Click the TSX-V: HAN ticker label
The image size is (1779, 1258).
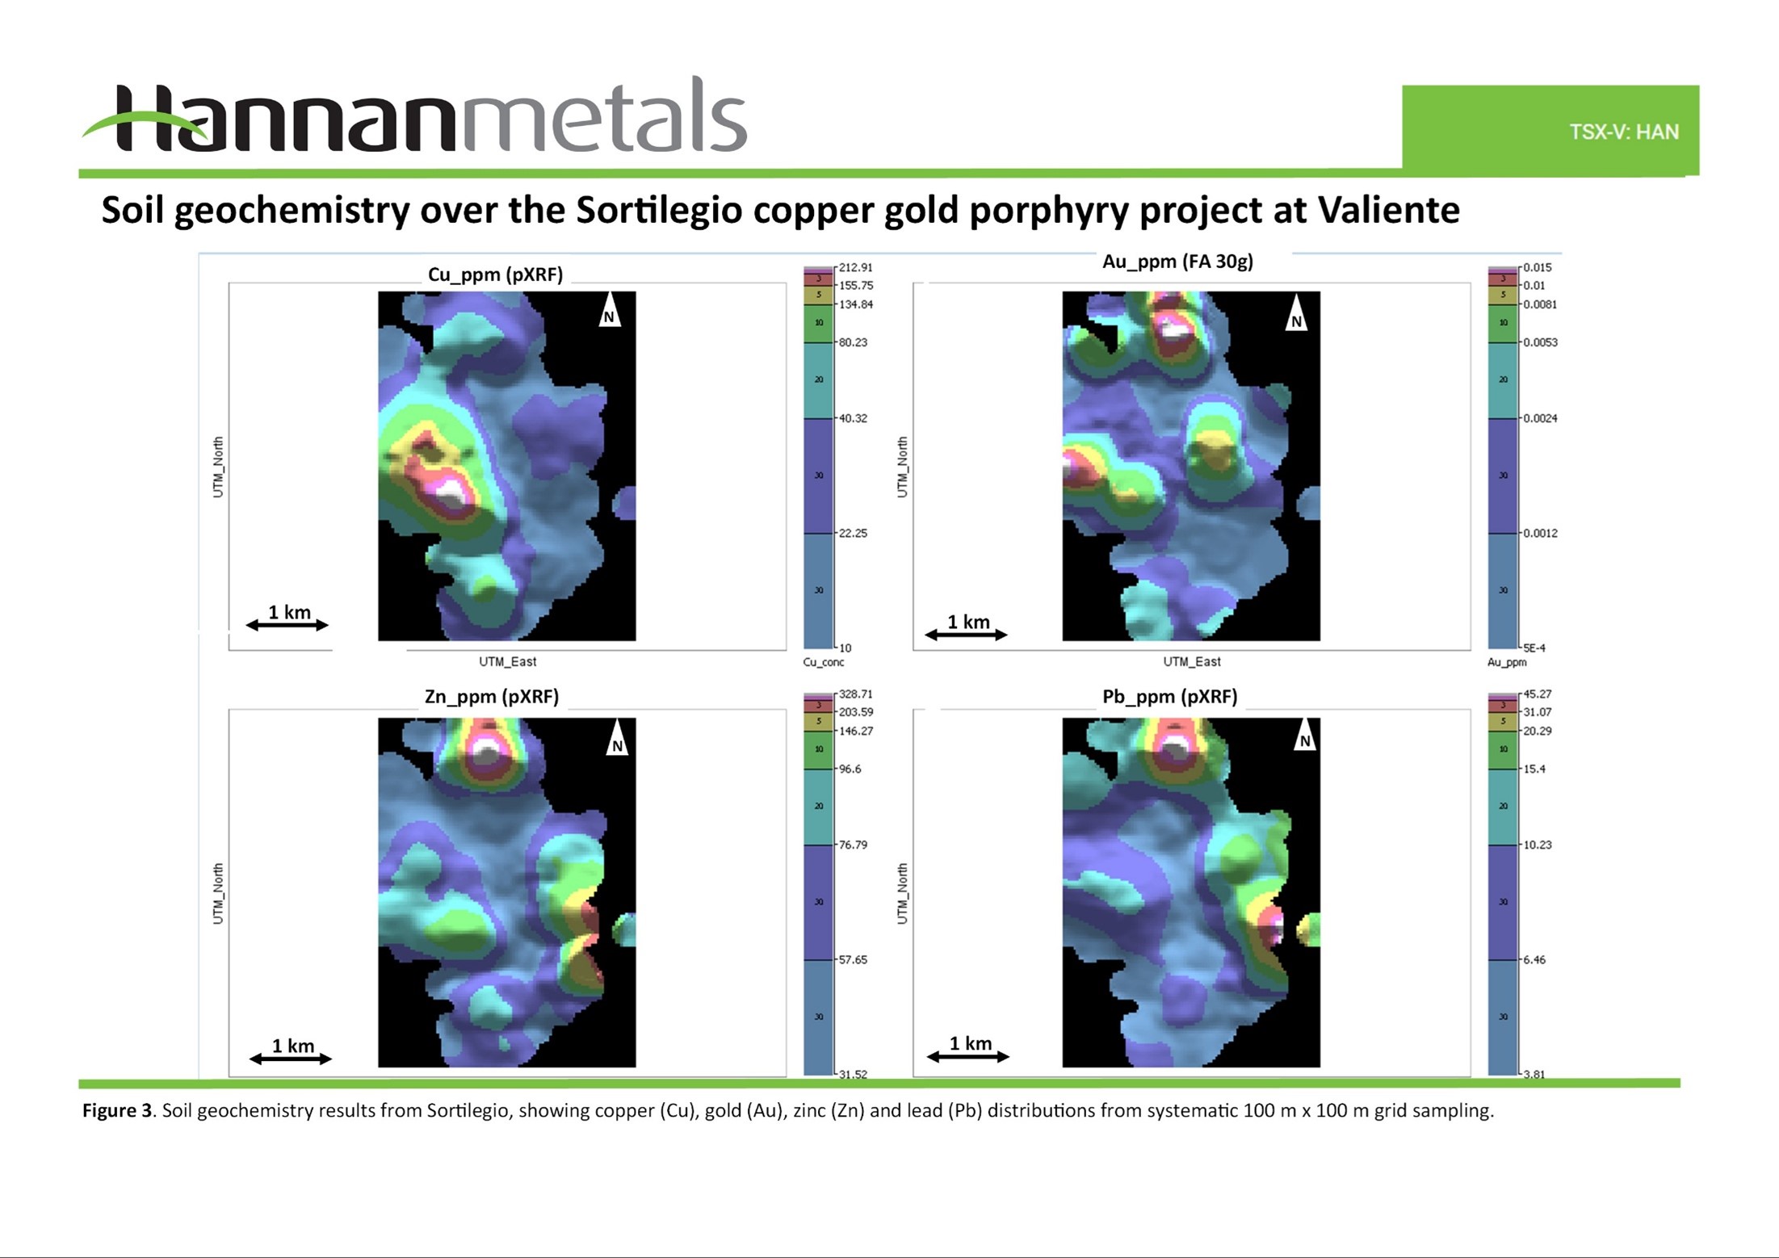coord(1623,132)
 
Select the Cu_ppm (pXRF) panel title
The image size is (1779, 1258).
coord(495,275)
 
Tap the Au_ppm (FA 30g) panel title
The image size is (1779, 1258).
coord(1177,262)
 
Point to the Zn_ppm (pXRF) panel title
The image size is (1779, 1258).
coord(491,696)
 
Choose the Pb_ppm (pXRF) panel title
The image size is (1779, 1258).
coord(1169,696)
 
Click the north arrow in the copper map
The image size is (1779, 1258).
coord(609,310)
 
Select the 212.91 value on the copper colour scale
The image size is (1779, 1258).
coord(855,267)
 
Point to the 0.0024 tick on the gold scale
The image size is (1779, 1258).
coord(1539,418)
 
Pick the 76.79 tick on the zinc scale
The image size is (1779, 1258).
coord(853,845)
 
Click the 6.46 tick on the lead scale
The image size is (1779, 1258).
coord(1534,959)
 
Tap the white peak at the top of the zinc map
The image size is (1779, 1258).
coord(487,751)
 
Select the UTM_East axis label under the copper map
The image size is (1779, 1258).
coord(507,661)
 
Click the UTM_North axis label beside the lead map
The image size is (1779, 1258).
coord(902,893)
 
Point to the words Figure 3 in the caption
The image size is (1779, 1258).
coord(117,1110)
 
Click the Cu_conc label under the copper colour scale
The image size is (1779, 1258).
coord(823,662)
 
